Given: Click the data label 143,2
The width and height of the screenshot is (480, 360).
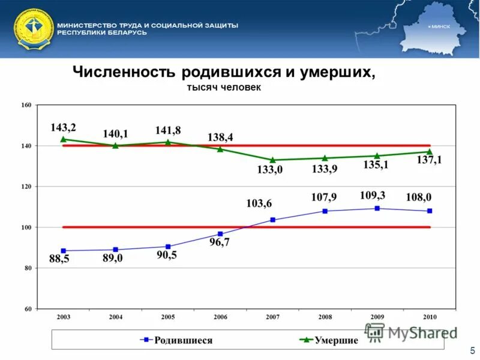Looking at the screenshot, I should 63,128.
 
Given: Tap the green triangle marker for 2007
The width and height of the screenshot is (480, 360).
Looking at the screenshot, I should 272,160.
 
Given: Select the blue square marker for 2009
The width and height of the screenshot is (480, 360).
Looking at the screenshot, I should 377,208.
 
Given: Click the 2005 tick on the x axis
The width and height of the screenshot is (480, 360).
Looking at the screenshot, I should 167,316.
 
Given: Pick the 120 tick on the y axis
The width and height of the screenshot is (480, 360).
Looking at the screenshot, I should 26,187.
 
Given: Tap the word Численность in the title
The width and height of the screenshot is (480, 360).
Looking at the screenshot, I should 123,72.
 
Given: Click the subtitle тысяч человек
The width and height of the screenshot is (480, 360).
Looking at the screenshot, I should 224,88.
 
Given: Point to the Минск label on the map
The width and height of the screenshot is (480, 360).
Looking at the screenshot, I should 440,27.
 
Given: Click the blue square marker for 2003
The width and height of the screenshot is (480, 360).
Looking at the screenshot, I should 63,251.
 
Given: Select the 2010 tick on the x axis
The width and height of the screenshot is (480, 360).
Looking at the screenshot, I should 429,316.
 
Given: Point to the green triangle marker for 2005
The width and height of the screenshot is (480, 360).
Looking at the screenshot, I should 167,142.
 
